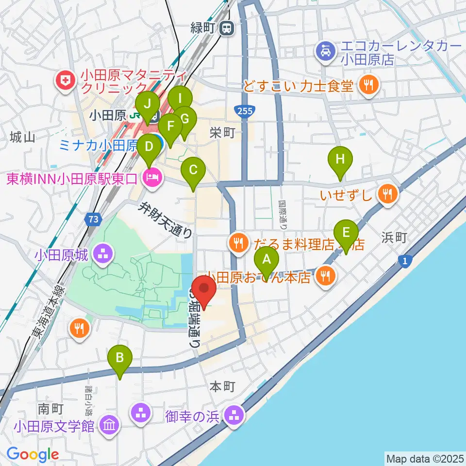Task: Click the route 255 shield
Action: coord(245,112)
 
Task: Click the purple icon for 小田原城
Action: coord(103,252)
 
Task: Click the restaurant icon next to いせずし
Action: coord(387,195)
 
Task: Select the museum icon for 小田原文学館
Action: coord(109,426)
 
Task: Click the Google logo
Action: coord(33,455)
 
